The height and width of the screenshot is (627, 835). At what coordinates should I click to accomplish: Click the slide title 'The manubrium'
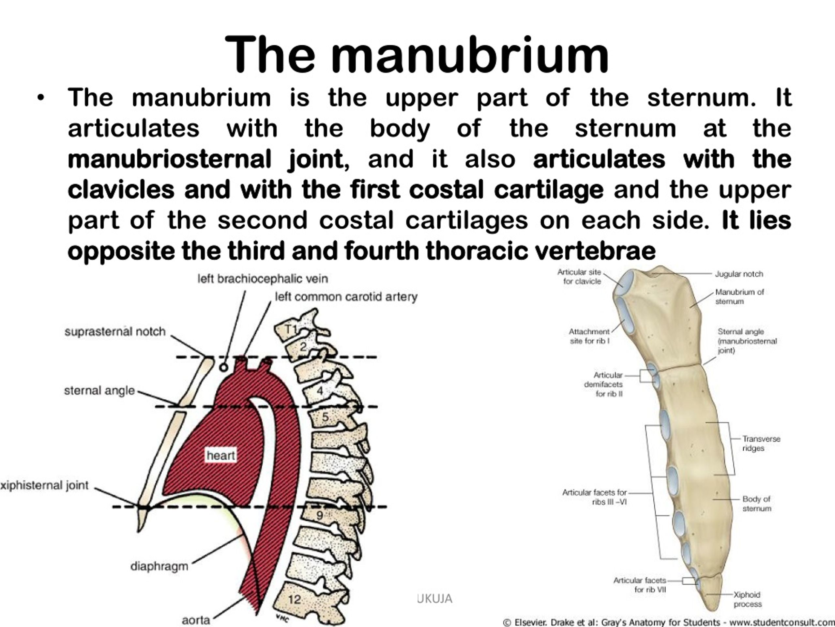tap(417, 55)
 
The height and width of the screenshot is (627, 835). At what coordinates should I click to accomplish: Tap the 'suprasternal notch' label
tap(115, 332)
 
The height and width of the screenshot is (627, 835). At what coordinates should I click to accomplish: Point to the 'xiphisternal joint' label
tap(44, 486)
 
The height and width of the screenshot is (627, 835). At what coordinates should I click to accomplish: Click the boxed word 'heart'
tap(221, 456)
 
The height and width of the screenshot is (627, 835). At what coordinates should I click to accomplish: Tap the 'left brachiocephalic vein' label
tap(263, 279)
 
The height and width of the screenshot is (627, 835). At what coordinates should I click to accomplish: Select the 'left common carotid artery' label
tap(346, 297)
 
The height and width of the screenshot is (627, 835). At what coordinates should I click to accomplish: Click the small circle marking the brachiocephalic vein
tap(224, 367)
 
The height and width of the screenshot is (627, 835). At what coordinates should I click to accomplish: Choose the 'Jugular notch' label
tap(739, 274)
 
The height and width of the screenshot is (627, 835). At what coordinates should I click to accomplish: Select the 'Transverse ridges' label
tap(761, 443)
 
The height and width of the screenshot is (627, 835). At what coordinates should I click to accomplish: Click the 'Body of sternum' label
tap(756, 504)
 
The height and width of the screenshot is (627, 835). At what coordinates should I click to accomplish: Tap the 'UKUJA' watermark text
tap(434, 598)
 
